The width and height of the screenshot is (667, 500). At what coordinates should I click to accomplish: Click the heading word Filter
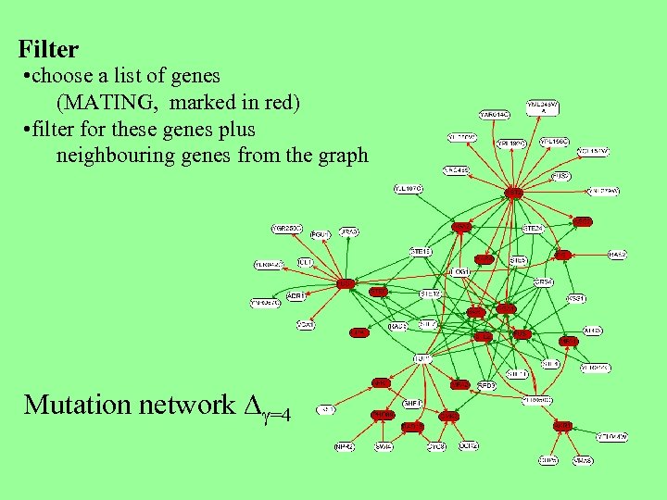click(48, 49)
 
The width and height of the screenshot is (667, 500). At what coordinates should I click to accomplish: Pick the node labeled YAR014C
click(495, 114)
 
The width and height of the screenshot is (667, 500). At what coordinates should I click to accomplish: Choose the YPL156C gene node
click(556, 143)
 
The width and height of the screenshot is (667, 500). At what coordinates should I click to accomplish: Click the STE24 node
click(533, 227)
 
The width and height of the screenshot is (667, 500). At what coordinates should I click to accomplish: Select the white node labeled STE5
click(518, 261)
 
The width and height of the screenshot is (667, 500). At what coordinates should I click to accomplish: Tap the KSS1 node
click(576, 298)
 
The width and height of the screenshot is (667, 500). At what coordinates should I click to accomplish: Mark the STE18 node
click(422, 251)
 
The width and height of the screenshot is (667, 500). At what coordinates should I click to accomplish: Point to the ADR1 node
click(296, 296)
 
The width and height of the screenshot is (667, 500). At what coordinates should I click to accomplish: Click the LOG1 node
click(459, 271)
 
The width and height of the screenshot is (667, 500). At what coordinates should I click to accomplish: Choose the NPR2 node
click(345, 446)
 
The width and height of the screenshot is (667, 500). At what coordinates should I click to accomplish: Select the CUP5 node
click(548, 459)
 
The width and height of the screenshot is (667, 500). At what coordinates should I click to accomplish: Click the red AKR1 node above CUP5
click(562, 426)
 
